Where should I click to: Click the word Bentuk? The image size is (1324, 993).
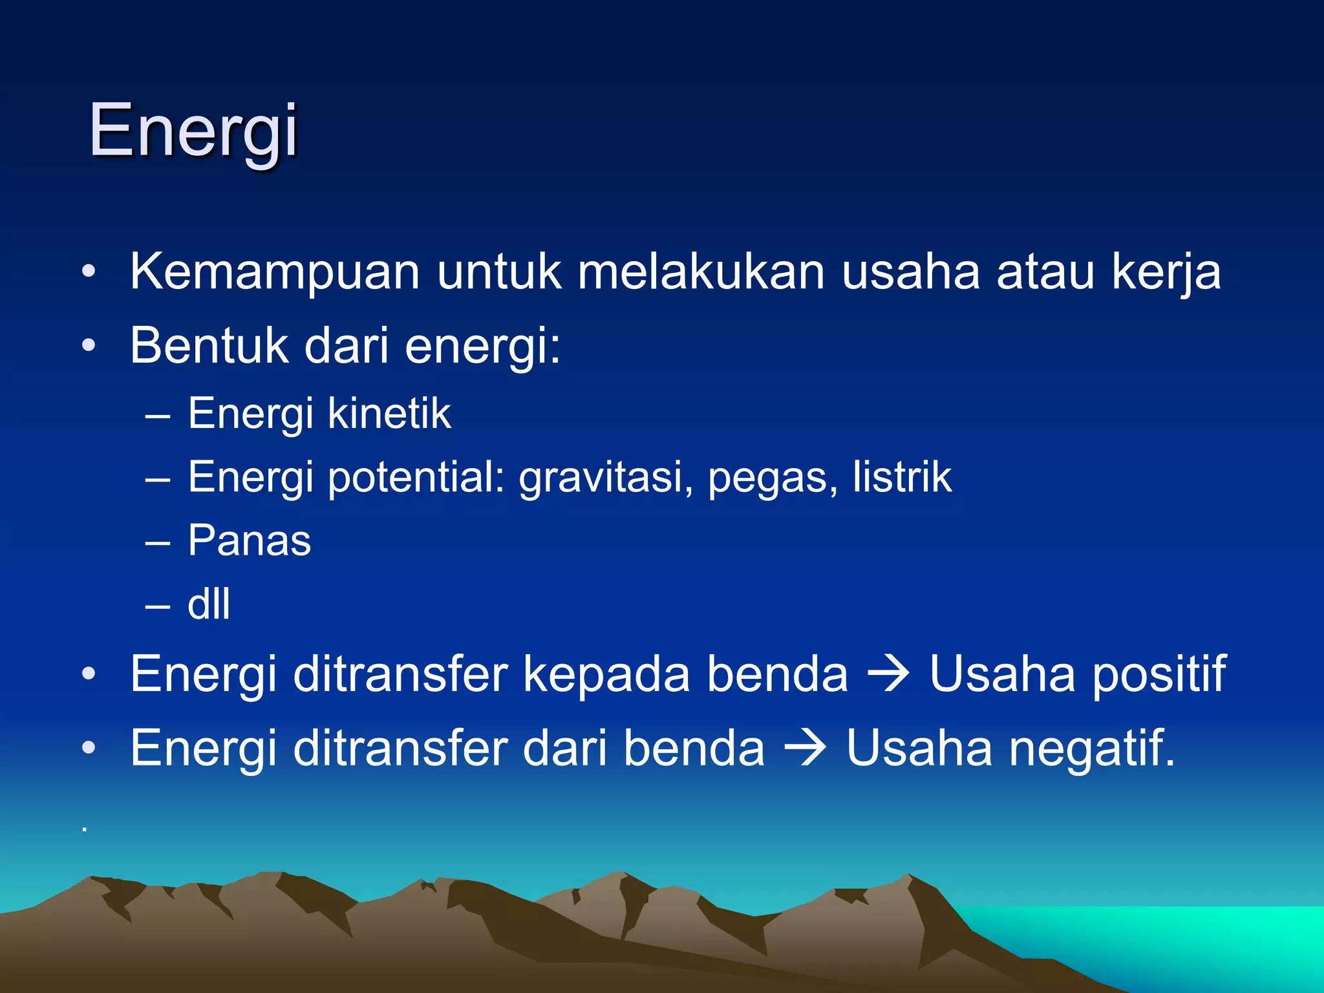pyautogui.click(x=208, y=346)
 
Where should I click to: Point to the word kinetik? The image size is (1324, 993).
pyautogui.click(x=389, y=414)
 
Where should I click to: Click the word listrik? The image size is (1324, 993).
pyautogui.click(x=901, y=477)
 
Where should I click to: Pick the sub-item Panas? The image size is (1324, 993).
pyautogui.click(x=249, y=540)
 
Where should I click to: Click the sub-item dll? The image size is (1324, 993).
pyautogui.click(x=208, y=604)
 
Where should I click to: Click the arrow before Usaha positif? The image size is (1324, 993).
pyautogui.click(x=888, y=674)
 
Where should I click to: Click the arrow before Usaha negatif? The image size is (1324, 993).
pyautogui.click(x=805, y=749)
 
